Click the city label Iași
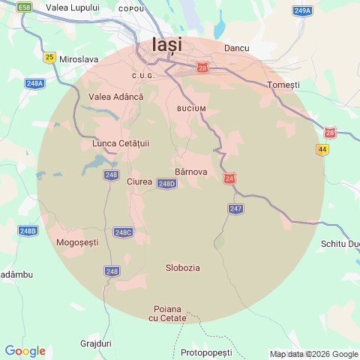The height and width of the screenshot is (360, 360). pos(166,44)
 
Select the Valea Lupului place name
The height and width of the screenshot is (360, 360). pos(73,7)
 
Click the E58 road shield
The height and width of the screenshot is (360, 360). pos(25,7)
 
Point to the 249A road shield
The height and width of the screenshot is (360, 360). pos(302,10)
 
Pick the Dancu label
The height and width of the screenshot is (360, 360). pos(236,48)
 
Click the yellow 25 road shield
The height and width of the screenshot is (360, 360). pos(50,56)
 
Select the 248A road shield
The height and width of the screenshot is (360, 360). pos(34,83)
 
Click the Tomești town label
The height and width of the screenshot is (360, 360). pos(283,85)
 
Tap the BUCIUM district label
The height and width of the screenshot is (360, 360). pos(191,109)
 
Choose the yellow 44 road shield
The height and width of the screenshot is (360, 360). pos(322,150)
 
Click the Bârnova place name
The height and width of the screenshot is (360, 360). pos(190,160)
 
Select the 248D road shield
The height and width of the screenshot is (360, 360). pos(167,184)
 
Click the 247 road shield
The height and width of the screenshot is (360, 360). pos(236,208)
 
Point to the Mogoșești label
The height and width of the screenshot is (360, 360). pos(77,242)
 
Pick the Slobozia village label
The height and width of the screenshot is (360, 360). pos(182,268)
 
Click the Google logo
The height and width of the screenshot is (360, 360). pos(25,351)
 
